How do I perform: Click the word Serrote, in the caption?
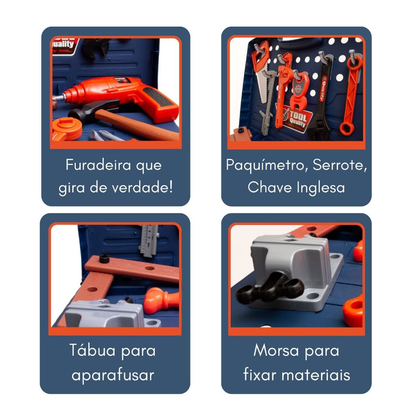338,165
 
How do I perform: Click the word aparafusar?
113,375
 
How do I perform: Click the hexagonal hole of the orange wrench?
346,129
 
